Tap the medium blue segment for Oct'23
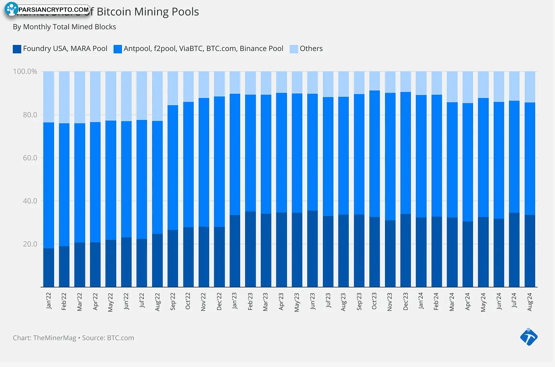click(x=375, y=154)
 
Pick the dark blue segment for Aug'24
click(x=530, y=251)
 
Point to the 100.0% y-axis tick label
click(x=25, y=72)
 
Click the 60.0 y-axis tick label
click(x=30, y=158)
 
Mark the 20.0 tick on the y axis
click(x=30, y=244)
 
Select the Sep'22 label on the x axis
click(x=173, y=302)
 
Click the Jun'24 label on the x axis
click(x=499, y=301)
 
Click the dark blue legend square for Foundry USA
click(x=17, y=49)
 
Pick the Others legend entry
click(x=311, y=49)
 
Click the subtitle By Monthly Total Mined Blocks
click(x=64, y=27)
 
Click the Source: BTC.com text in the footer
click(x=108, y=338)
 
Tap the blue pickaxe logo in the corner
click(x=529, y=337)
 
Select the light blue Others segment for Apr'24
click(x=468, y=87)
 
